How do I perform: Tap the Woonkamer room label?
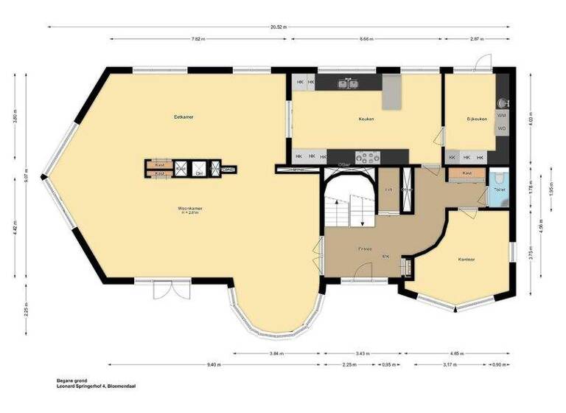(189, 209)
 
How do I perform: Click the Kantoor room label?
(466, 260)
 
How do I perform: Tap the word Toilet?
(499, 190)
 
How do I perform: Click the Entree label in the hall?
(366, 249)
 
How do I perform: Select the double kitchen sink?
(349, 83)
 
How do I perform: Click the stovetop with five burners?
(366, 156)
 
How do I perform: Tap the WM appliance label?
(502, 116)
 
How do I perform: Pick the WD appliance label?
(502, 128)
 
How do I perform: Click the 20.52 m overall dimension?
(279, 27)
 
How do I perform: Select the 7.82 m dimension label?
(197, 38)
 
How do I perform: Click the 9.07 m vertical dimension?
(26, 177)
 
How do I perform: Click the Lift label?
(388, 190)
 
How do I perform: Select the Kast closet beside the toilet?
(467, 173)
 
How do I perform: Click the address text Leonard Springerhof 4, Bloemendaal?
(96, 386)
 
